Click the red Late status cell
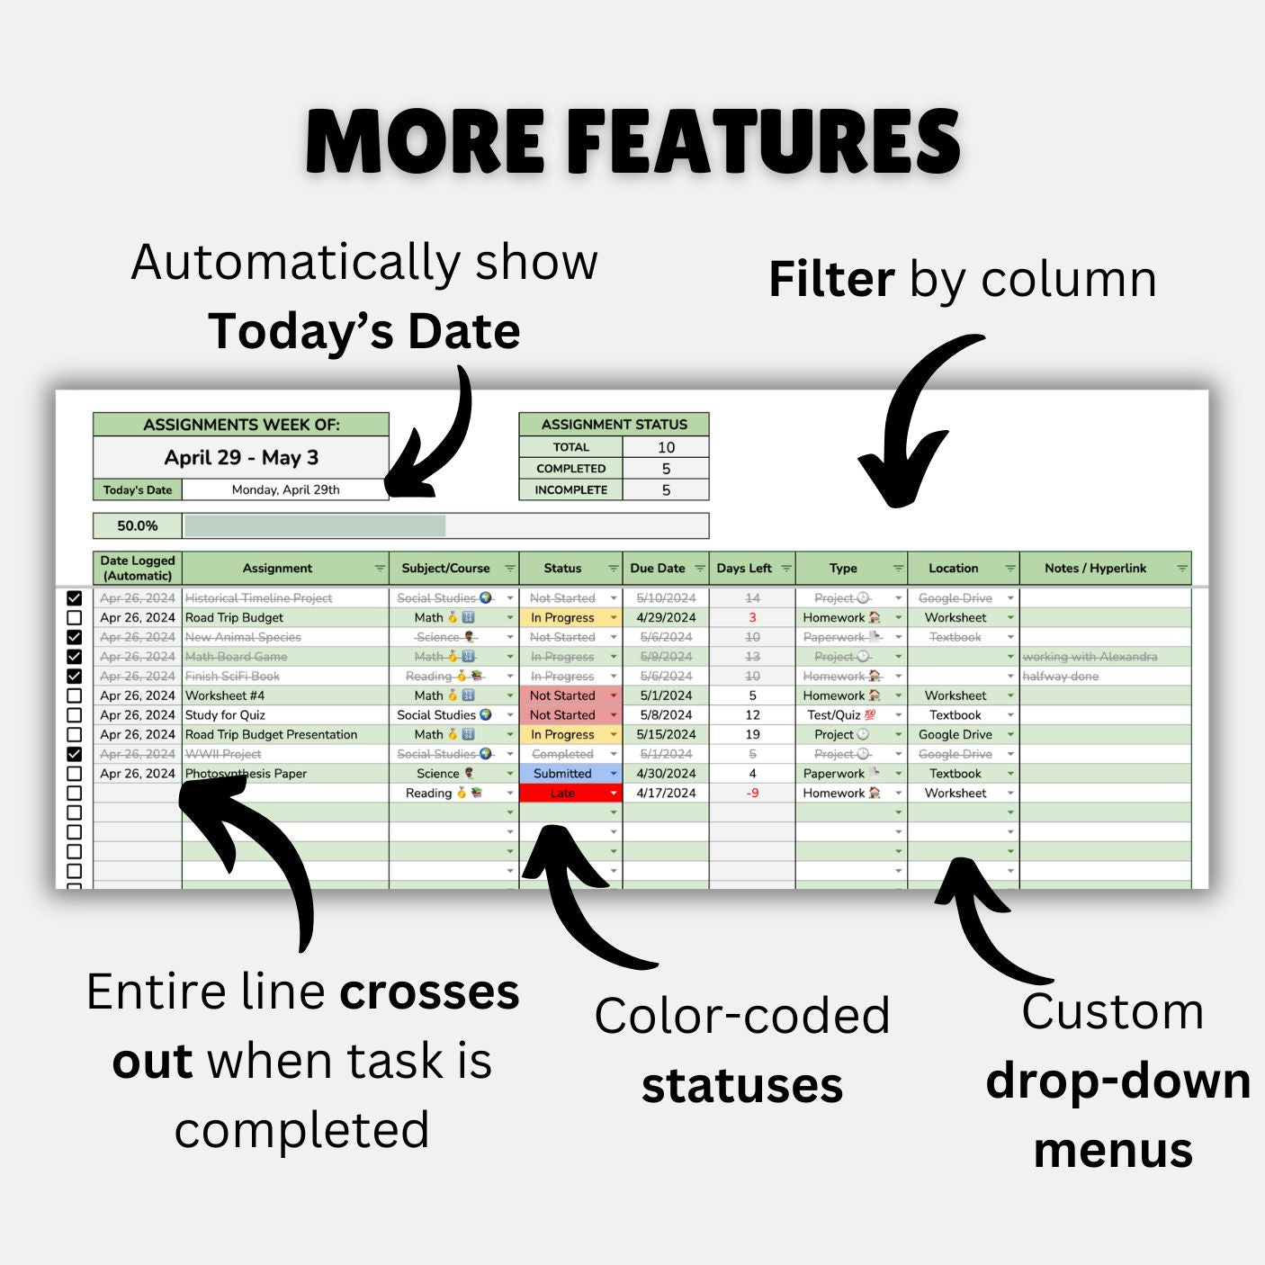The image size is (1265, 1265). point(563,794)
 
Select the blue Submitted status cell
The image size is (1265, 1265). point(563,774)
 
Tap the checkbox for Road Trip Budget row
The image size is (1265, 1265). point(75,618)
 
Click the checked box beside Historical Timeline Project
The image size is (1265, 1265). point(75,598)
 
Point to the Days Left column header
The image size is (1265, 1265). point(745,569)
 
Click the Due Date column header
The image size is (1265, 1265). point(658,569)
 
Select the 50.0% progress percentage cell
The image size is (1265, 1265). point(138,525)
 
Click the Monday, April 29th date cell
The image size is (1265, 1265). point(285,490)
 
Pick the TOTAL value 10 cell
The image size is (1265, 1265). point(666,447)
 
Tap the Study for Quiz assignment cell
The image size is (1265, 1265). point(226,715)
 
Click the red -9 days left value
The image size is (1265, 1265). point(753,794)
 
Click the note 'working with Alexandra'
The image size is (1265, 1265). point(1090,657)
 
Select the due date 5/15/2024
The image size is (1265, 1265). point(666,735)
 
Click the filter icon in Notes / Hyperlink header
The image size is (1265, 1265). point(1182,569)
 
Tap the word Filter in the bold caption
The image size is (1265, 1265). point(831,280)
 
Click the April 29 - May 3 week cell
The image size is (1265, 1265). point(241,458)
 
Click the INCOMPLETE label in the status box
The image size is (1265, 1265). point(570,490)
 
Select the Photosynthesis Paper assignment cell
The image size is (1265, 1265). point(247,774)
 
